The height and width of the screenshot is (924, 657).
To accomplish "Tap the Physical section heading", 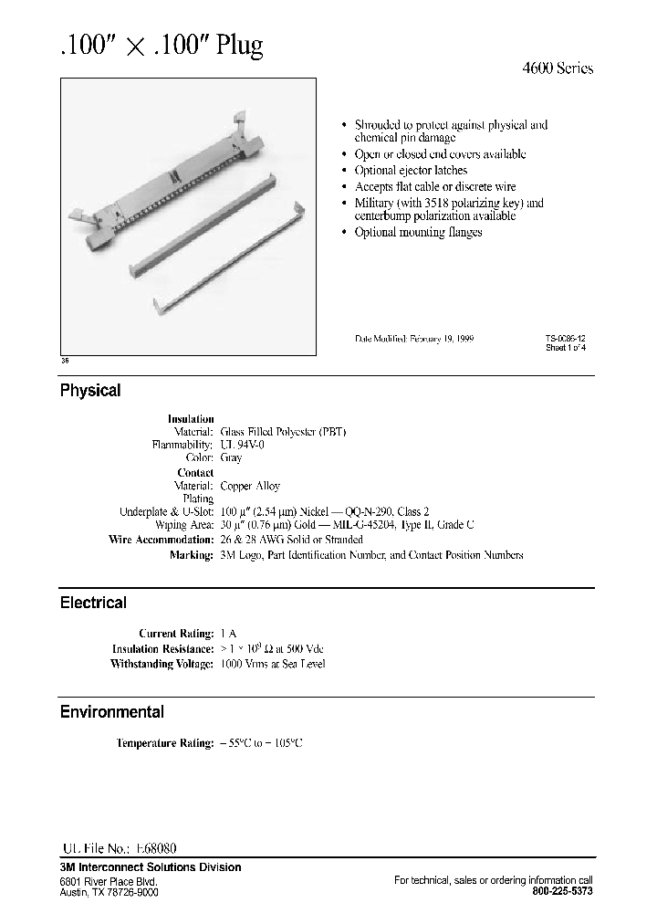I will click(90, 391).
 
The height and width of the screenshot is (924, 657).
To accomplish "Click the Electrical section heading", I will click(93, 603).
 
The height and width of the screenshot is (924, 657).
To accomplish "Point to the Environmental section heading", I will click(112, 712).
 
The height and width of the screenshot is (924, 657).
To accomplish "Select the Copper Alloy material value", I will click(250, 487).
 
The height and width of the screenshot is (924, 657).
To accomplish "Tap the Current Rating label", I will click(175, 633).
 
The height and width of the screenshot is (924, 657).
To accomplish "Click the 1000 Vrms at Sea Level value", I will click(273, 664).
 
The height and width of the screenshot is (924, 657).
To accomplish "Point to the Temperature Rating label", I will click(164, 743).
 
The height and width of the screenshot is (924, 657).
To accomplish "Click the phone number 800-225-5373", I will click(561, 891).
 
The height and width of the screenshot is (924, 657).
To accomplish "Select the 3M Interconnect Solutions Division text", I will click(151, 867).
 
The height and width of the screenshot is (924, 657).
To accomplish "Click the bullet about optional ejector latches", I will click(411, 171).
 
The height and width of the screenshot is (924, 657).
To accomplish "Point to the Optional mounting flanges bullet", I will click(418, 232).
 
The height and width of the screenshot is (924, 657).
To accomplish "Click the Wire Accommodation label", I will click(161, 540).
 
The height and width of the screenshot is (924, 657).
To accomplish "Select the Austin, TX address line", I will click(109, 891).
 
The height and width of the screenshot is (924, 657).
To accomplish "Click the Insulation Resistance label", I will click(162, 648).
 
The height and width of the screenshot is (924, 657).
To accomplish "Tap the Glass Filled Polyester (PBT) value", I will click(284, 431).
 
